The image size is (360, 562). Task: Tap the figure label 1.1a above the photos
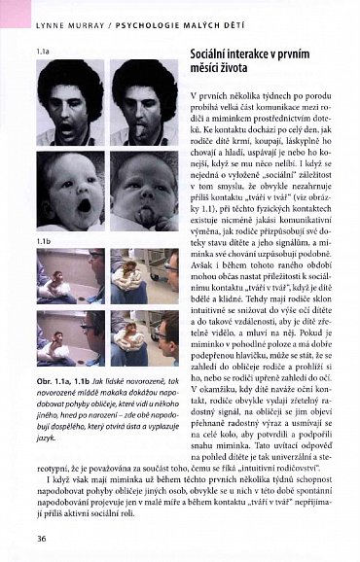pos(43,48)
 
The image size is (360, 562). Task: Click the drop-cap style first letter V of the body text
pos(196,99)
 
